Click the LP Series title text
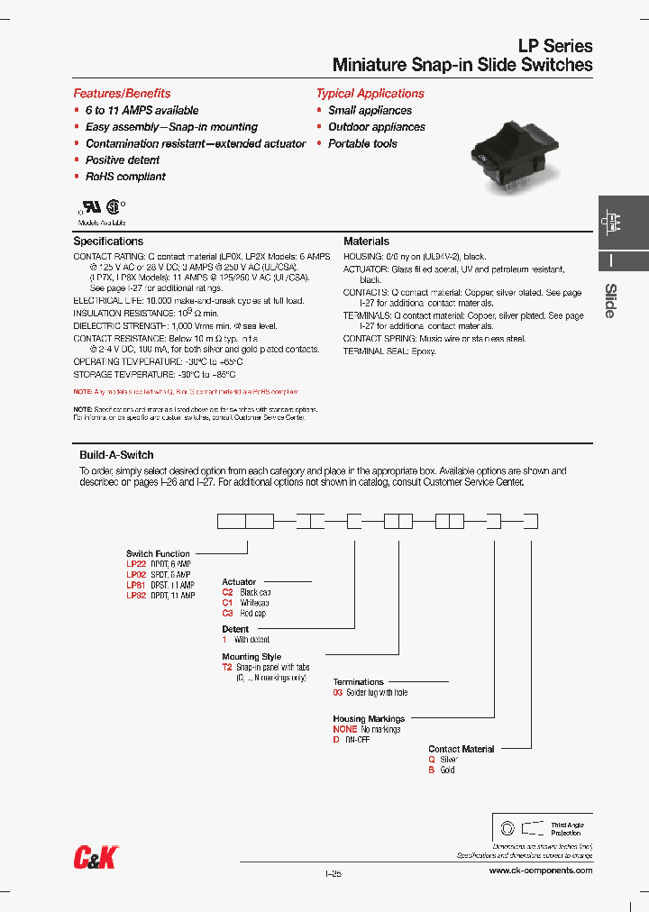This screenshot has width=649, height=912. click(x=554, y=46)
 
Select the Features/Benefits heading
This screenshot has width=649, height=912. click(x=122, y=94)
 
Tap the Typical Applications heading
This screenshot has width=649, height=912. click(x=370, y=94)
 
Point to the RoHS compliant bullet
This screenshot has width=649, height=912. click(x=125, y=177)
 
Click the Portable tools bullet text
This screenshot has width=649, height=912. click(x=362, y=143)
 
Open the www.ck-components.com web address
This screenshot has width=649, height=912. click(x=540, y=871)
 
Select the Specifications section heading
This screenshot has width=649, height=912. click(x=108, y=242)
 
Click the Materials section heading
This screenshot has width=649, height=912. click(x=366, y=242)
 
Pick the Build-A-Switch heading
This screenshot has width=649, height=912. click(x=116, y=455)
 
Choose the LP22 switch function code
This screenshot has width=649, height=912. click(x=136, y=564)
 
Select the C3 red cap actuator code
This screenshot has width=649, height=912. click(x=228, y=614)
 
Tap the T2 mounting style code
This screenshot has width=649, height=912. click(x=228, y=668)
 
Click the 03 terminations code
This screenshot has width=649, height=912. click(x=338, y=692)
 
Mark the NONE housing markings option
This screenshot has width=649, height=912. click(x=345, y=729)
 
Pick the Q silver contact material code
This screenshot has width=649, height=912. click(x=432, y=760)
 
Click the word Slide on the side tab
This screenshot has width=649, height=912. click(x=610, y=301)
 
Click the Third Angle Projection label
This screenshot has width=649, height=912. click(x=567, y=829)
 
